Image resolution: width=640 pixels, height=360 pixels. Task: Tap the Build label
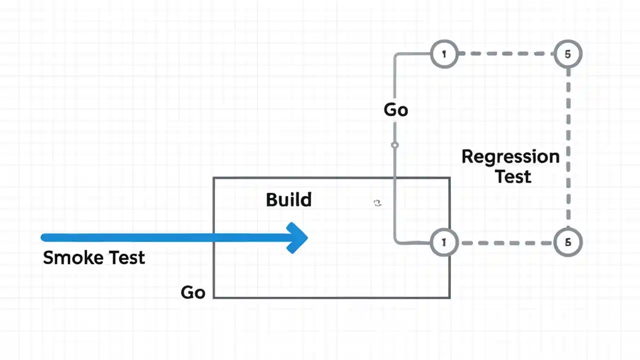tap(288, 199)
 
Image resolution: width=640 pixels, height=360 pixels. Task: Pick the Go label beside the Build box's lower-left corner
tap(193, 292)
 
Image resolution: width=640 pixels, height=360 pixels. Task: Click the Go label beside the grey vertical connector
tap(395, 109)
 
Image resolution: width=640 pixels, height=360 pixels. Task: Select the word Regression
tap(510, 156)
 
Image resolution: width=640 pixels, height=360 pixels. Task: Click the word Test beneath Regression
tap(513, 176)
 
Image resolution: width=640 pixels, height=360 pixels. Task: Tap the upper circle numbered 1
tap(444, 54)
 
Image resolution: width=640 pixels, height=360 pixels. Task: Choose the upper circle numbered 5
tap(567, 54)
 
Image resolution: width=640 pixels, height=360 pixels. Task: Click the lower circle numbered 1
tap(444, 242)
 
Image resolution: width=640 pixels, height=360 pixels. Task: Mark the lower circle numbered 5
tap(567, 242)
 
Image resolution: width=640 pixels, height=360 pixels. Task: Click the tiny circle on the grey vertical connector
tap(395, 145)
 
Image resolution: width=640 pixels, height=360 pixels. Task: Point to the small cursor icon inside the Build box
tap(377, 202)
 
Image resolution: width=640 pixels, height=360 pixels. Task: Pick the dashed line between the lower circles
tap(505, 242)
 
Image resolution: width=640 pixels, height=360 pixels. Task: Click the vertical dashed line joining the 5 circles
tap(568, 148)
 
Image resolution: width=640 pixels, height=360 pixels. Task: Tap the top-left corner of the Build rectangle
tap(214, 178)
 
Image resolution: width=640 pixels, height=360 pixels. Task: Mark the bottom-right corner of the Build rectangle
tap(449, 297)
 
